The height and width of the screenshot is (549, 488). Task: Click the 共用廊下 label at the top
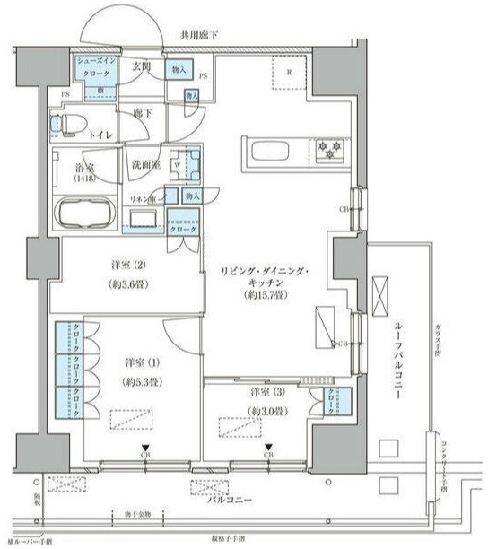200,35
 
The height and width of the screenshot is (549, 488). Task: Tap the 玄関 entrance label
141,66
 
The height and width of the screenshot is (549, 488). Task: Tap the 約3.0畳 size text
266,411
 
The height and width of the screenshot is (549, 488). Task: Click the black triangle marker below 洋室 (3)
267,447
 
